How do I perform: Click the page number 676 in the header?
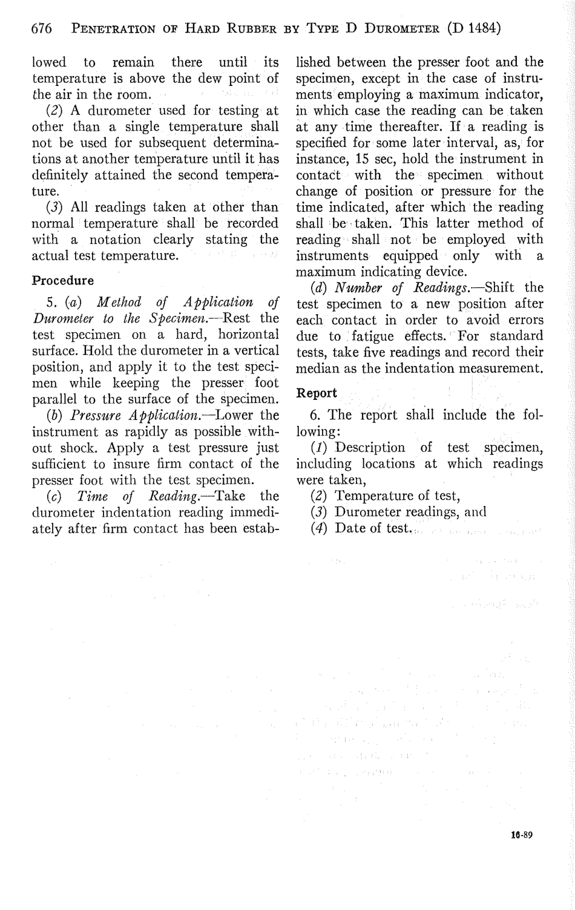tap(42, 28)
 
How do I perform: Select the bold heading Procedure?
tap(63, 281)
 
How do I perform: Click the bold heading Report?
tap(317, 393)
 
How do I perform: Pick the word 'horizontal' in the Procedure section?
tap(248, 335)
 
